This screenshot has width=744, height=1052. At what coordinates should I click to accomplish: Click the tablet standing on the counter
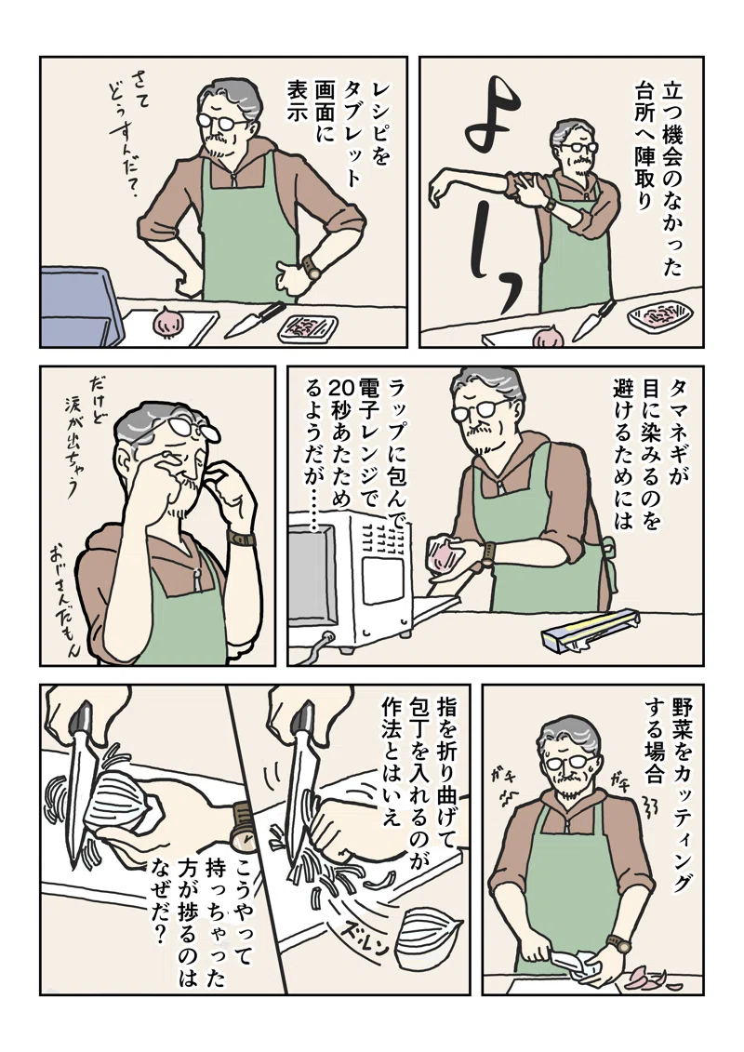click(79, 305)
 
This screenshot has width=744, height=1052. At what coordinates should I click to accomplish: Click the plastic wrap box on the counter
click(591, 632)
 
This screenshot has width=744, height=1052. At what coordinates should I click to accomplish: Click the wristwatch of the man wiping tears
click(242, 538)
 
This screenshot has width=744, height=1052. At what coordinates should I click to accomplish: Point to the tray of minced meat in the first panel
click(308, 327)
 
